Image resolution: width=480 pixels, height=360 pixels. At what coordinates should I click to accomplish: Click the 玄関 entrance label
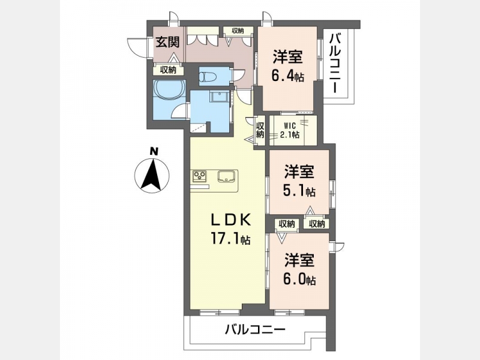[167, 42]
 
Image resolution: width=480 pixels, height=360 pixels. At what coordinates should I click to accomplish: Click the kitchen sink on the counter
[226, 176]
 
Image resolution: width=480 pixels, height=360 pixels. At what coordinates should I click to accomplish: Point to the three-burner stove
[199, 176]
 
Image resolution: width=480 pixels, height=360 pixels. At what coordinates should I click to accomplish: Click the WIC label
[290, 125]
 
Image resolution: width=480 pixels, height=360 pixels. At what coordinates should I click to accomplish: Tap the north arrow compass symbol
[152, 176]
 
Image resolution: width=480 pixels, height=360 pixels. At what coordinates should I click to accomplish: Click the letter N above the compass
[154, 151]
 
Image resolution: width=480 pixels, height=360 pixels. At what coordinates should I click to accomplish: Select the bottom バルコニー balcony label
[256, 329]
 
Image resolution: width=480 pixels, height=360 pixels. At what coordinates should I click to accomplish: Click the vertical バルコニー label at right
[336, 64]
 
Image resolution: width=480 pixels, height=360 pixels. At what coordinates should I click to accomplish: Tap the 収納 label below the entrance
[169, 70]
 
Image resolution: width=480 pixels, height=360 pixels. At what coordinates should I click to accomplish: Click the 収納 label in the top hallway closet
[238, 31]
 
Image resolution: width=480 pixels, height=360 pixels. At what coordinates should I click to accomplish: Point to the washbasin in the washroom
[219, 96]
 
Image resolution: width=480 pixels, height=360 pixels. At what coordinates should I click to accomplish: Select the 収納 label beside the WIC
[260, 130]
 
